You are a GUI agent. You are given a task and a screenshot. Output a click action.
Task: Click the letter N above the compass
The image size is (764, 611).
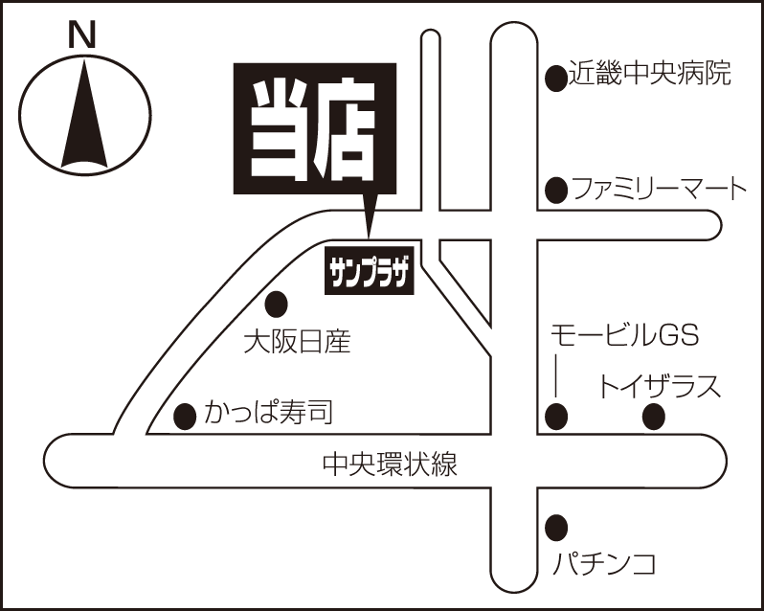[x=81, y=36]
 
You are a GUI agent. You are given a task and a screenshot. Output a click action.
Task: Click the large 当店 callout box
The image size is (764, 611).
[x=315, y=128]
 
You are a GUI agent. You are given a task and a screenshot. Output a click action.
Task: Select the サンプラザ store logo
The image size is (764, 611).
[x=370, y=270]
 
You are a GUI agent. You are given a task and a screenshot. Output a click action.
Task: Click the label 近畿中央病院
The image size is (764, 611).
[x=650, y=73]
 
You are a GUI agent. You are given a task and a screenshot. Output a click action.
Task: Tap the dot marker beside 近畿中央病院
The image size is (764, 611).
[x=556, y=78]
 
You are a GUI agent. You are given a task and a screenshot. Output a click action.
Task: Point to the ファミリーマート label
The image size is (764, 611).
[x=659, y=189]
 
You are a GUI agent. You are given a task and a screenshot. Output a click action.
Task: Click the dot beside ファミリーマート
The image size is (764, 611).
[x=556, y=190]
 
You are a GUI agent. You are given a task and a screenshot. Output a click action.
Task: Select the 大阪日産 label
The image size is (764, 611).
[x=297, y=341]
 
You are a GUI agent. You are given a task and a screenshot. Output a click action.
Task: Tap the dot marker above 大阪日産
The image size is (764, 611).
[x=277, y=304]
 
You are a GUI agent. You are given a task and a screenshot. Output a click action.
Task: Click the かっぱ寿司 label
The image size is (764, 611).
[x=268, y=412]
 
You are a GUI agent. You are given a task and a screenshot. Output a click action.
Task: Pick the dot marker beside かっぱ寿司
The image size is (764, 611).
[x=185, y=417]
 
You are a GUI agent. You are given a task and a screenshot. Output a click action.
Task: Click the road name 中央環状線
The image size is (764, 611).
[x=390, y=464]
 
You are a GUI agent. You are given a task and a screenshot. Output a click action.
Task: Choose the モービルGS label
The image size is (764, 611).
[x=625, y=336]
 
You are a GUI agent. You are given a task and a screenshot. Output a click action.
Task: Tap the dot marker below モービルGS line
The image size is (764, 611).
[x=556, y=418]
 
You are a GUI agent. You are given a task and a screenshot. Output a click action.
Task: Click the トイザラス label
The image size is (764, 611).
[x=659, y=386]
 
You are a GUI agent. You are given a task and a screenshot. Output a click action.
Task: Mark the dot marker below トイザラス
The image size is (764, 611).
[x=654, y=418]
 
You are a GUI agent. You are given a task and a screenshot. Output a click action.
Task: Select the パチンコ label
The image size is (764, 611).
[x=604, y=564]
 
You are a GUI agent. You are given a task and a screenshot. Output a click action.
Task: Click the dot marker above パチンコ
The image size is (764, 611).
[x=556, y=528]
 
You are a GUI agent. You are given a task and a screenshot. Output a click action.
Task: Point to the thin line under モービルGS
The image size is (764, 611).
[x=556, y=375]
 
